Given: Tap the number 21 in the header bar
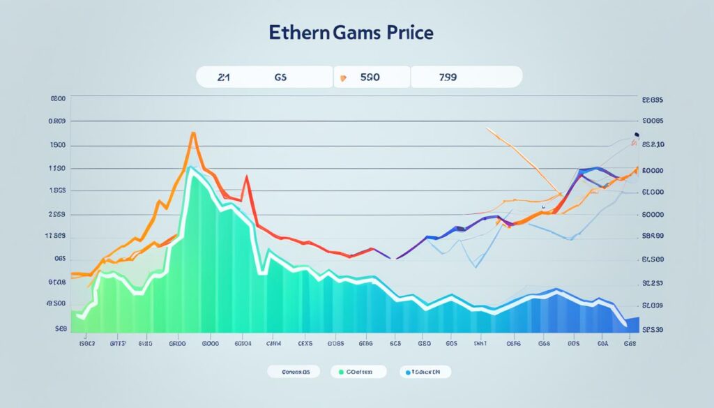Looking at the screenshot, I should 223,78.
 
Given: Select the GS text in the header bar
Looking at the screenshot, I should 281,78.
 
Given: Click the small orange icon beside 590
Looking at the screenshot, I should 342,79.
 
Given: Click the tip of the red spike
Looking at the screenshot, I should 246,176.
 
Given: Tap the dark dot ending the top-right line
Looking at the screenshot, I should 636,135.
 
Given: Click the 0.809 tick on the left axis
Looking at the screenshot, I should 56,121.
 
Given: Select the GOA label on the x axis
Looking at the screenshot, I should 604,344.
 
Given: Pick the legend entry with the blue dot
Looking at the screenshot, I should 425,372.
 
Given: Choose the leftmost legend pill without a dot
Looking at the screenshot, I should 293,372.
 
